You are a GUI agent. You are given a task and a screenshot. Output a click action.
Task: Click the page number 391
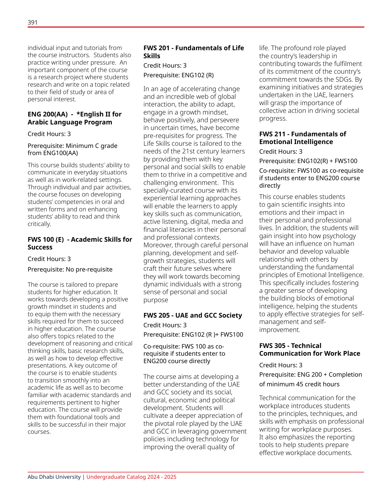[32, 22]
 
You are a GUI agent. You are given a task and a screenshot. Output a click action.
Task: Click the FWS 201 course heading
[194, 48]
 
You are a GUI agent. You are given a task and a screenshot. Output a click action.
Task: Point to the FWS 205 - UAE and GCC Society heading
[192, 315]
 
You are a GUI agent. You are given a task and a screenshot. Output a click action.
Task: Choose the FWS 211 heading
[302, 134]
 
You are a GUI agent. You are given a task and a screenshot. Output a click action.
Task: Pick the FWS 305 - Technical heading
[290, 346]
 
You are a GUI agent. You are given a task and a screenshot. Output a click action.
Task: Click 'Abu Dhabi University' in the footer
[54, 477]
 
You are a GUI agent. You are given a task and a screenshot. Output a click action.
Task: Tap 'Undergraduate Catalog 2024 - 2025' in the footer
[131, 477]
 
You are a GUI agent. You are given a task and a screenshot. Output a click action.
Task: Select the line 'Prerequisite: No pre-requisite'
[70, 269]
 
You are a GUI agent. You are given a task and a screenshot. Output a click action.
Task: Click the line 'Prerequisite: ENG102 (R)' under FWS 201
[178, 75]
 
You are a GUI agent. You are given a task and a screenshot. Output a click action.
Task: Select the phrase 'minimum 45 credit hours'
[303, 384]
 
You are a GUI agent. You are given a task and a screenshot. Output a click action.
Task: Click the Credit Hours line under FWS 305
[281, 365]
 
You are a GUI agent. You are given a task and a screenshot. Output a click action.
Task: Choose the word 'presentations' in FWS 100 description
[45, 366]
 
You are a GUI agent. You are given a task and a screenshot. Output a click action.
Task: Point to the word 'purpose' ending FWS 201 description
[156, 300]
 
